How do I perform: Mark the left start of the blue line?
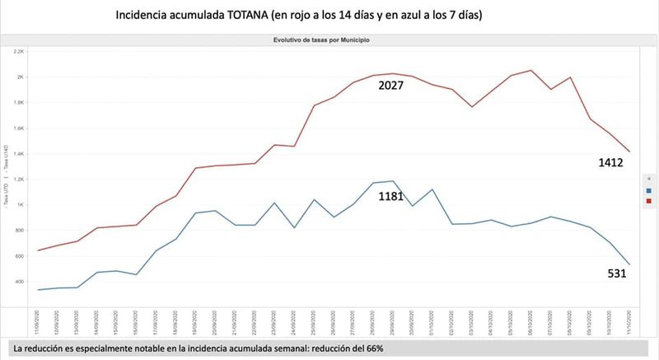39,290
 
